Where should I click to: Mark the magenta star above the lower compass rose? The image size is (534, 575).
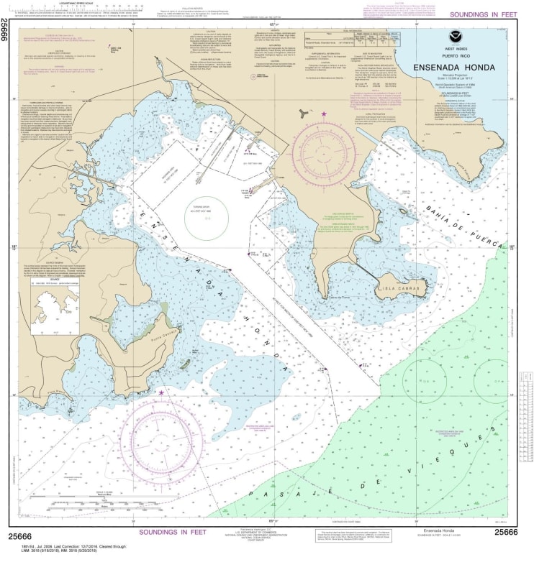(x=161, y=392)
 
